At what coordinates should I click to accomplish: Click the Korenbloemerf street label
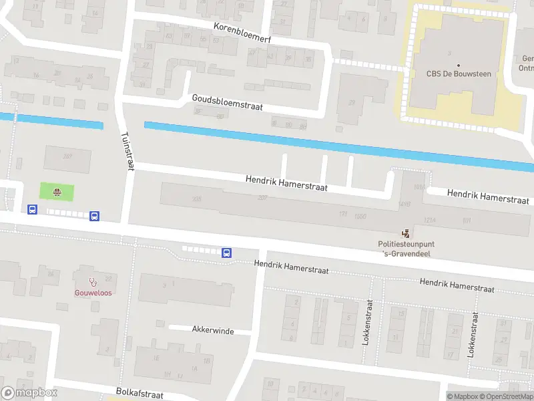242,31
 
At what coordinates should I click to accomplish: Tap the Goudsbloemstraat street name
227,102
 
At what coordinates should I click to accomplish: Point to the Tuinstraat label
125,152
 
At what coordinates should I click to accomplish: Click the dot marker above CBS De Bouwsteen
458,65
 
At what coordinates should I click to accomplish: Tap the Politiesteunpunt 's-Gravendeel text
407,249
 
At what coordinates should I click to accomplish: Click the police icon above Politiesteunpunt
405,233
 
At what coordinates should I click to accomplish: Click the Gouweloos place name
93,293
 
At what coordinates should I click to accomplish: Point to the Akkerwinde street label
212,329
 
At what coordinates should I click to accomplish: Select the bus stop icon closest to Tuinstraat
95,216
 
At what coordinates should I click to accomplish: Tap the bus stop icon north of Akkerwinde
226,253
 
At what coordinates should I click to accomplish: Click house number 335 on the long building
196,199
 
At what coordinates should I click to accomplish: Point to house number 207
262,198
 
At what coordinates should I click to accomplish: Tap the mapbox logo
29,392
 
